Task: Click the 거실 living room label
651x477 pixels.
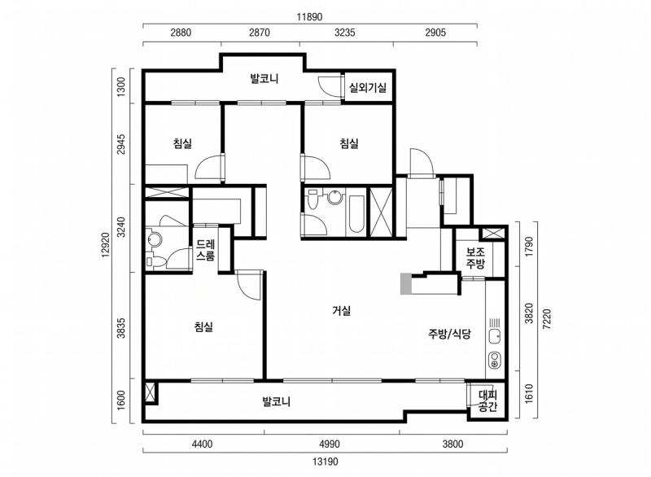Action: [342, 310]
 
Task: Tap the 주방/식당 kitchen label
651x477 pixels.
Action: [449, 334]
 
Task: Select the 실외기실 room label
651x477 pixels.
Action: [368, 88]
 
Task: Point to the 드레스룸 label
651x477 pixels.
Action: [206, 250]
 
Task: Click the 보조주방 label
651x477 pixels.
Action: [475, 258]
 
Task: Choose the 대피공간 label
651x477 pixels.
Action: [487, 400]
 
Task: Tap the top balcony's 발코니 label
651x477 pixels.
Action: [264, 78]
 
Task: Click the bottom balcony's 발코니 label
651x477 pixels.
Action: [276, 401]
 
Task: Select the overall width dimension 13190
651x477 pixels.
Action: [325, 462]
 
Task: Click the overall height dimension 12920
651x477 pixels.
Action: [106, 245]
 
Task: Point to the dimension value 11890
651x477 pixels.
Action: [309, 17]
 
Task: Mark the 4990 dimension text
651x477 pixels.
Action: [330, 444]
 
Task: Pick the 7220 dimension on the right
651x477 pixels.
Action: [547, 319]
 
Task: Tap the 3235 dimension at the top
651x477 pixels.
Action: [344, 33]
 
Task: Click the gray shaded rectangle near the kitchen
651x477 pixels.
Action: [405, 284]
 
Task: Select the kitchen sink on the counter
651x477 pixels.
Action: [494, 337]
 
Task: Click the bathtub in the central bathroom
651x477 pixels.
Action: [356, 214]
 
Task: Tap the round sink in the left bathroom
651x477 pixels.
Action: [155, 239]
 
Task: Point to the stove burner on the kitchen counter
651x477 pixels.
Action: [495, 360]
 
